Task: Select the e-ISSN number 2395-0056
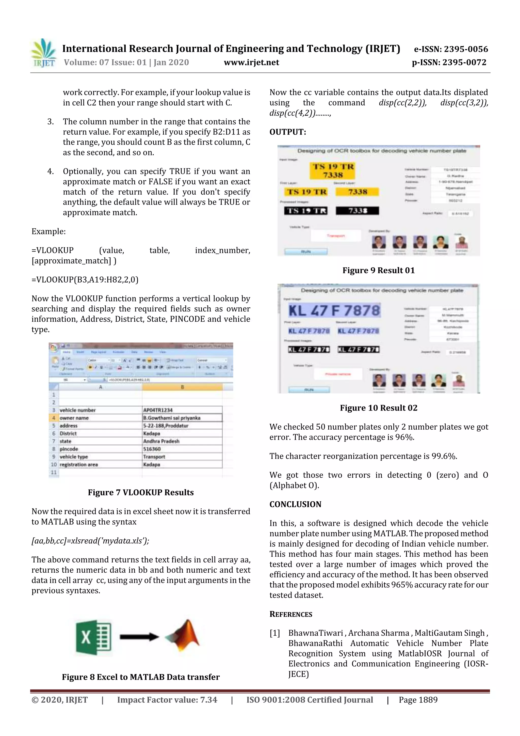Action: point(451,49)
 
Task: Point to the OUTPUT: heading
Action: point(287,132)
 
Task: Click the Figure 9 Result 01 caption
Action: point(378,270)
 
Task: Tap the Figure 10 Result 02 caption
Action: point(378,408)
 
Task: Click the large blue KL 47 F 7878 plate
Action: point(334,310)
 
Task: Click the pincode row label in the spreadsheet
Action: point(69,449)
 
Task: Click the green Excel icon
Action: point(93,637)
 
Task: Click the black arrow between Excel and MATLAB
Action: point(139,637)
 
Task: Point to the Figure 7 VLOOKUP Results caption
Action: point(141,492)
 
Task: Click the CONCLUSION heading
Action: point(295,504)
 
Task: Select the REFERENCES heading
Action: point(291,614)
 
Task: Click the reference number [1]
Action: point(274,633)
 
